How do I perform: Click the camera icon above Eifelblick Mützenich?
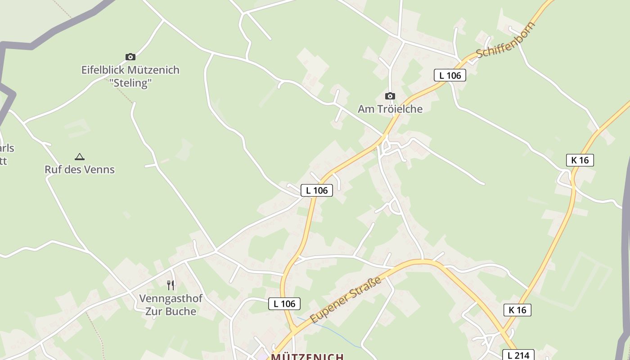[130, 57]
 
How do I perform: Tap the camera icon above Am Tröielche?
[390, 96]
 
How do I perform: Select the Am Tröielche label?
[390, 109]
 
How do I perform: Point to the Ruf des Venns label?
[80, 170]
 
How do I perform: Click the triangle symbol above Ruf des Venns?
[80, 157]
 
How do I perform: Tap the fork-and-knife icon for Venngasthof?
[171, 285]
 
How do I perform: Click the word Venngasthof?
[171, 298]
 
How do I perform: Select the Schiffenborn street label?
[506, 40]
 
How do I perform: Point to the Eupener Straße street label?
[346, 299]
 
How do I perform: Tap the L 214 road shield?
[518, 355]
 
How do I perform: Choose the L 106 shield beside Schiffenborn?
[450, 75]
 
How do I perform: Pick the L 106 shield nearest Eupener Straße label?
[284, 304]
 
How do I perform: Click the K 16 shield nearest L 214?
[517, 310]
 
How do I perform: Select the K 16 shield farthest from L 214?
[580, 160]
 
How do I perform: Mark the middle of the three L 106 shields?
[317, 190]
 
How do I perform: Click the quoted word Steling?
[130, 83]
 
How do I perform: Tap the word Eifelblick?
[103, 70]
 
